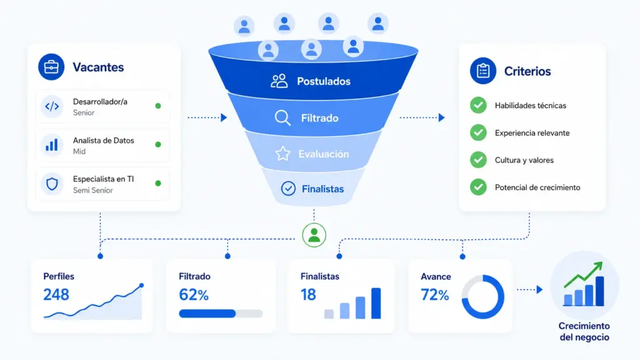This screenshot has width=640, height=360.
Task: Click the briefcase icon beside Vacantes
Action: coord(51,67)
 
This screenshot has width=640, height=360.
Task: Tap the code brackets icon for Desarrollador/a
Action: coord(52,106)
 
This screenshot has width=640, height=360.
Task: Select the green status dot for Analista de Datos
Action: coord(158,144)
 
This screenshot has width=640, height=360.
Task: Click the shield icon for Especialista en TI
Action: coord(52,184)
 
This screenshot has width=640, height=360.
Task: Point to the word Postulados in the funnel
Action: coord(324,81)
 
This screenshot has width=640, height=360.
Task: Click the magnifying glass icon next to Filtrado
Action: coord(282,118)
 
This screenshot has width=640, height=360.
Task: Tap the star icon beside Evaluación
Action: coord(283,154)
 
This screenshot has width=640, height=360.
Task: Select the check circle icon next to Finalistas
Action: coord(288,189)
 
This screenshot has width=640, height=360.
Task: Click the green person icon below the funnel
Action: coord(314,235)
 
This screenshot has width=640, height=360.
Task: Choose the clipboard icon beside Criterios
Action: coord(483,71)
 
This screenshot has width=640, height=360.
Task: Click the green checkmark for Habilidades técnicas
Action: coord(478,105)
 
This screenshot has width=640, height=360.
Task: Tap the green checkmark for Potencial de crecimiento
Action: coord(478,187)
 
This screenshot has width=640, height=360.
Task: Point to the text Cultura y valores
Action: coord(524,161)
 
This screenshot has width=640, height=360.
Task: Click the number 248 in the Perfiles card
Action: coord(56,295)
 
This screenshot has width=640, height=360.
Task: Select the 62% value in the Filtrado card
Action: coord(194,295)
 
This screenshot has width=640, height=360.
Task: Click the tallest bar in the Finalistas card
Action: coord(376,303)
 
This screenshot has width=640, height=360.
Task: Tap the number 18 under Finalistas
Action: coord(308,295)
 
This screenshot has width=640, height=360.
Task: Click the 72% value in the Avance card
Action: coord(435,295)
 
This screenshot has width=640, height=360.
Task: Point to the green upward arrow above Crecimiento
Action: coord(583,274)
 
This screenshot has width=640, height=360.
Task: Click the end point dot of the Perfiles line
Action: coord(141,285)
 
